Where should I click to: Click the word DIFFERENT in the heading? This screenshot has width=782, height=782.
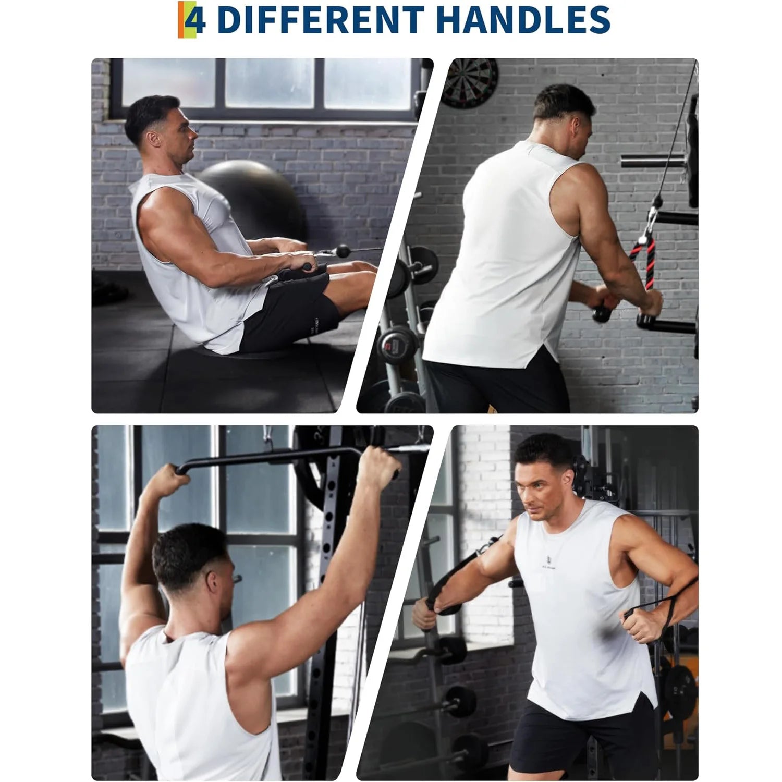320,20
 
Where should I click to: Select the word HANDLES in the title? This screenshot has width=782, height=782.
522,20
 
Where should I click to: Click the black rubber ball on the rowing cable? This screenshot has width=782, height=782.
343,251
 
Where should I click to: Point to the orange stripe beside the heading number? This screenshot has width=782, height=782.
180,20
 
